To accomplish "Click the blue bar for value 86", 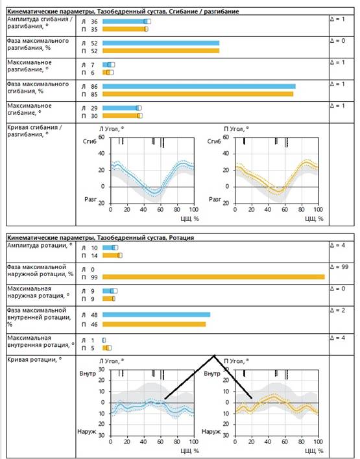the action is [x=199, y=86].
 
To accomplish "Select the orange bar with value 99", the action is [x=213, y=277].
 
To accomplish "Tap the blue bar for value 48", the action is [x=156, y=314].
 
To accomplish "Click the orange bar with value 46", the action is [x=154, y=324].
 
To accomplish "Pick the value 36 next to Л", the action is [x=94, y=21].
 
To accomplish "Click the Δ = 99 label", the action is [x=339, y=267].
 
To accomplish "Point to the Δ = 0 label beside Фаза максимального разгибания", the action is [x=337, y=41].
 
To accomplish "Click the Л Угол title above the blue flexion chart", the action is [x=112, y=129].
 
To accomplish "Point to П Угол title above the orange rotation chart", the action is [x=236, y=361].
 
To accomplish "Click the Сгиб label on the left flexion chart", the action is [x=90, y=142].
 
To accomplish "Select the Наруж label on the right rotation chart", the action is [x=211, y=432].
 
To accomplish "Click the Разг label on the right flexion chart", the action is [x=215, y=199].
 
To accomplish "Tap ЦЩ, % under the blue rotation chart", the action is [x=190, y=451].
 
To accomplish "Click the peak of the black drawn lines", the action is [x=214, y=355].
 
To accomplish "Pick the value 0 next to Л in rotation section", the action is [x=93, y=269].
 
